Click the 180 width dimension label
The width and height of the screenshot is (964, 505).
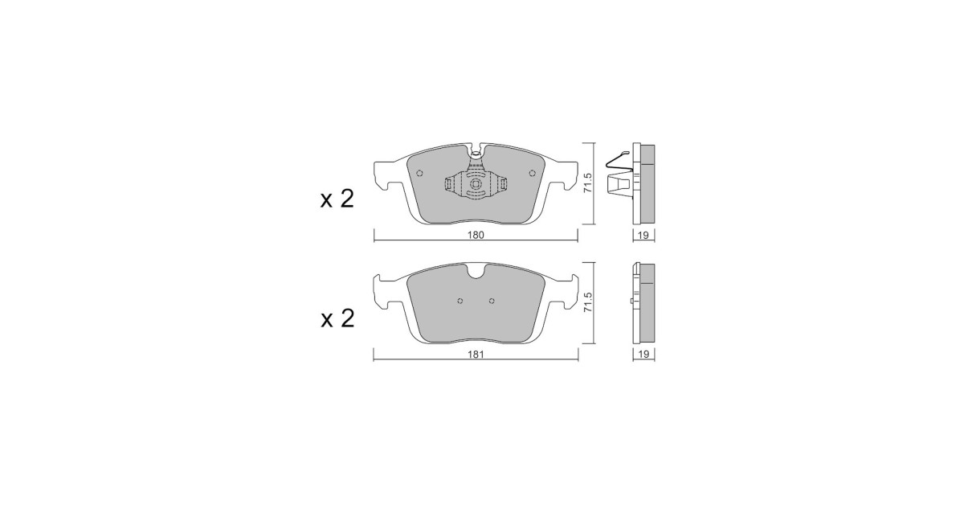point(476,235)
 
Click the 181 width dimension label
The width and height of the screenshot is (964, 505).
point(476,354)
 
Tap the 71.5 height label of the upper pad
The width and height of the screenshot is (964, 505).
point(589,183)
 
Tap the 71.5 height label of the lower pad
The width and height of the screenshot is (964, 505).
point(589,302)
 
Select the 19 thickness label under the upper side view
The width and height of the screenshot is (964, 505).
point(643,236)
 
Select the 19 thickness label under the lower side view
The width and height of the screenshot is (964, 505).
point(643,354)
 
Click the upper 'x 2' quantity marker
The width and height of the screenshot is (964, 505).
point(337,199)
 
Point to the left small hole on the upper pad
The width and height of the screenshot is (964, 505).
point(420,173)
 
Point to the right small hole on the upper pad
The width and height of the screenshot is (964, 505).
point(532,173)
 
